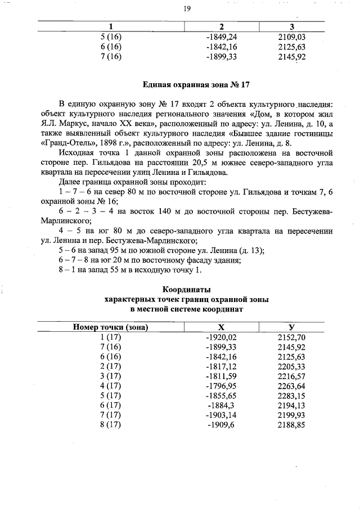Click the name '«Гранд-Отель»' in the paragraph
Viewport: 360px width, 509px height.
(63, 142)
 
